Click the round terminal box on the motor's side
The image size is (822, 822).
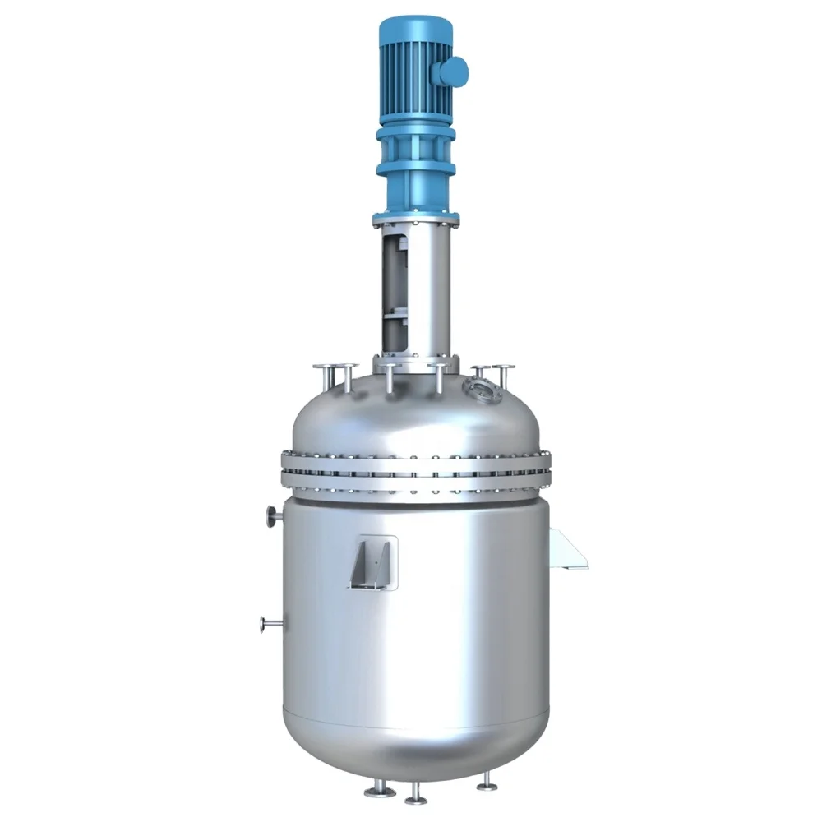click(453, 72)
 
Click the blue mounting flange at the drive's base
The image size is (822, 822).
click(415, 219)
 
